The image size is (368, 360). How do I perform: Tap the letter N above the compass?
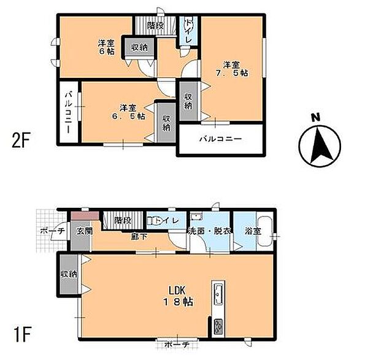[316, 118]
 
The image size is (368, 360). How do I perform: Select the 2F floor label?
[21, 140]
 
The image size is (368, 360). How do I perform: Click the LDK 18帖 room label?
[178, 296]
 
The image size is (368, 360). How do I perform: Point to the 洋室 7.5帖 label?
[232, 69]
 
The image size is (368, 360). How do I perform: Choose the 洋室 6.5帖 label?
[128, 112]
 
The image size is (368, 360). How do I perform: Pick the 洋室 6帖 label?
[106, 47]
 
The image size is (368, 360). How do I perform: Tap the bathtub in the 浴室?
[265, 232]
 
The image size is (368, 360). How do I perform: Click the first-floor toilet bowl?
[151, 221]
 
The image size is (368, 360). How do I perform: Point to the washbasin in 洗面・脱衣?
[196, 216]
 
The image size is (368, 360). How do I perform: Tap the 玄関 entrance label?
[85, 231]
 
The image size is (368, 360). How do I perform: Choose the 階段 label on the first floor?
[123, 220]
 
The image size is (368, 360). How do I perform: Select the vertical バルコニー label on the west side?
[68, 113]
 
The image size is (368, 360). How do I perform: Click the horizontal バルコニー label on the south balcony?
[221, 139]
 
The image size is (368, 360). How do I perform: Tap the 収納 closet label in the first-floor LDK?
[69, 274]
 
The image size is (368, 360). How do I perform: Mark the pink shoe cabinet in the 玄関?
[85, 215]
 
